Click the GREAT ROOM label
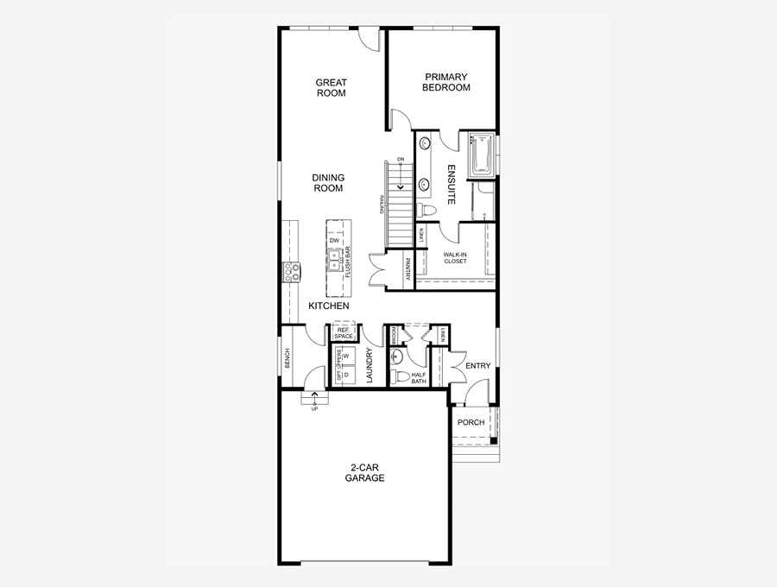[x=331, y=88]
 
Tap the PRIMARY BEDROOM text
[x=445, y=82]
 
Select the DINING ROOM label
[x=328, y=183]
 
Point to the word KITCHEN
[x=329, y=306]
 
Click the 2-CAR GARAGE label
[x=364, y=473]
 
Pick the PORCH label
[x=471, y=422]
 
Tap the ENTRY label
[x=477, y=366]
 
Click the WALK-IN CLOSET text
[x=455, y=257]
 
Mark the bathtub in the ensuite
[x=480, y=155]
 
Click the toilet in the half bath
[x=400, y=376]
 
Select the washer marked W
[x=345, y=356]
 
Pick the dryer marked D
[x=345, y=376]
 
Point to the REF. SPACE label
[x=343, y=332]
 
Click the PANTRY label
[x=408, y=269]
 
